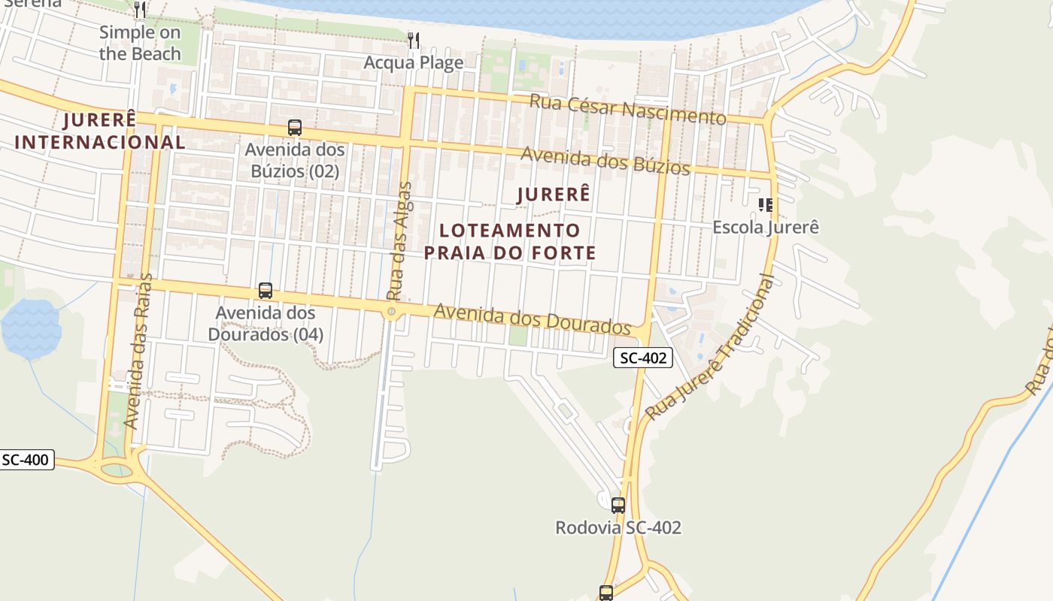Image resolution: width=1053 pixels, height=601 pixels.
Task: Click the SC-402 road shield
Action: [x=642, y=358]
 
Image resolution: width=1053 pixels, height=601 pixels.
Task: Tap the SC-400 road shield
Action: [x=26, y=460]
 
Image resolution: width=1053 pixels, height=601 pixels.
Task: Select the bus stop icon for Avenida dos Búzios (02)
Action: [x=294, y=128]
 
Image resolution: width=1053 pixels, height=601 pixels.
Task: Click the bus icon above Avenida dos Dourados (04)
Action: [x=265, y=291]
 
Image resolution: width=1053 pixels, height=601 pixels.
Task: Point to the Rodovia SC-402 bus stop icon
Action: [x=618, y=506]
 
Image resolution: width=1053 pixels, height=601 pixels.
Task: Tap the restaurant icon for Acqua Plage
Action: [x=413, y=40]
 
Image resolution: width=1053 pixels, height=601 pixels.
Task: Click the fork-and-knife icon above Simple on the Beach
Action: [x=140, y=10]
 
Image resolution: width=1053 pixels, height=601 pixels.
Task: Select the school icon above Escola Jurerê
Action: [x=765, y=204]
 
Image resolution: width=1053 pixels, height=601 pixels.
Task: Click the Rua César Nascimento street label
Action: [x=628, y=110]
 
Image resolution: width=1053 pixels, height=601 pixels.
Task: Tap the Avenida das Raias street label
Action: [x=138, y=352]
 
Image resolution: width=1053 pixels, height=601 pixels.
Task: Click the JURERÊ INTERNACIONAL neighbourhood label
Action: [x=99, y=131]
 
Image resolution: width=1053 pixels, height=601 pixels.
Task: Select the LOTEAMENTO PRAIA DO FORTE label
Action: [x=510, y=241]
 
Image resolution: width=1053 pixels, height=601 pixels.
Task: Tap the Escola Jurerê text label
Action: [x=765, y=227]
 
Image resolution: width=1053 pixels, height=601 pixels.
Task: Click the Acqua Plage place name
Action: [x=413, y=62]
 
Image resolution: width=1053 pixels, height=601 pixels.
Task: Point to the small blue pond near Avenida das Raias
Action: [x=31, y=328]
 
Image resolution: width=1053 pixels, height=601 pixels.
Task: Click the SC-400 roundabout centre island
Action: [x=116, y=470]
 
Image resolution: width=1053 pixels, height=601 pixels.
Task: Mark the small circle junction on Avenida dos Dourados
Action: [x=391, y=311]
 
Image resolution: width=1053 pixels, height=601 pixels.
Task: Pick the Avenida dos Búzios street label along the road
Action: [x=605, y=160]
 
